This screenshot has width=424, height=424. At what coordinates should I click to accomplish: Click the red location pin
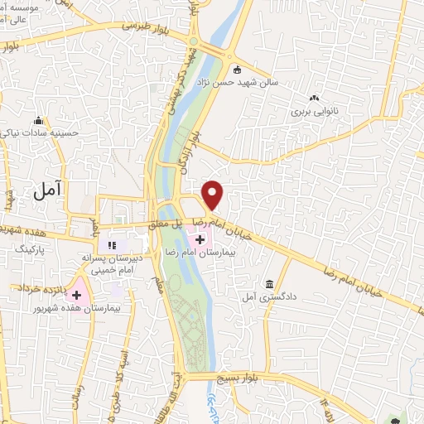213,194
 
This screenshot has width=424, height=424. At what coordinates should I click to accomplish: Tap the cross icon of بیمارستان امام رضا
200,238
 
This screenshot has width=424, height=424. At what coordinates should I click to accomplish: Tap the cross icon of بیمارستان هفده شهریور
76,294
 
